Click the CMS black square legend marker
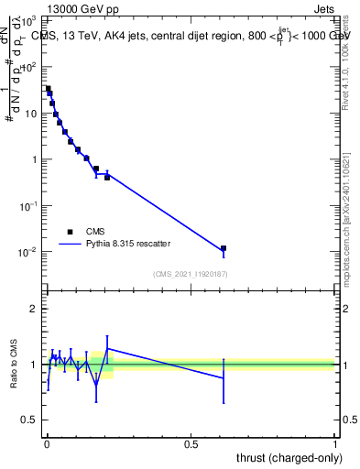(70, 232)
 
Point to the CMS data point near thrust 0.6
(223, 248)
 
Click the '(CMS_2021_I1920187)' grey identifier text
(191, 274)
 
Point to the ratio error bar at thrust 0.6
(223, 378)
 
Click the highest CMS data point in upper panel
(48, 89)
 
